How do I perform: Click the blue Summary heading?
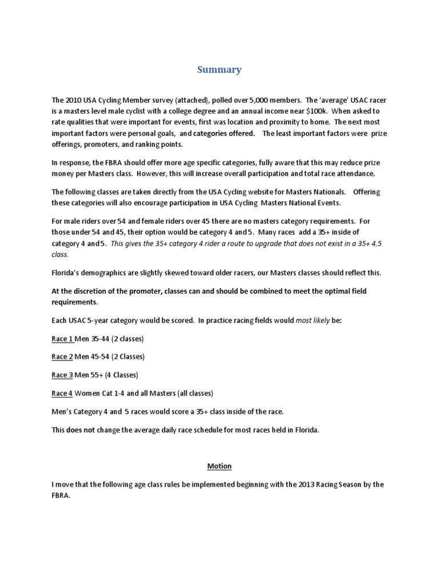[x=219, y=70]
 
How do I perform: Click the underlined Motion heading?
[x=219, y=466]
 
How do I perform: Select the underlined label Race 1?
[x=62, y=339]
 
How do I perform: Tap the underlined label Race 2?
[x=62, y=356]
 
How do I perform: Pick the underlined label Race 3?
[x=62, y=375]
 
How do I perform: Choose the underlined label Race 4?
[x=62, y=393]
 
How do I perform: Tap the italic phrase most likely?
[x=313, y=320]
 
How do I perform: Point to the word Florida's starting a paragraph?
[x=66, y=273]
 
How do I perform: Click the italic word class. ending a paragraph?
[x=60, y=255]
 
